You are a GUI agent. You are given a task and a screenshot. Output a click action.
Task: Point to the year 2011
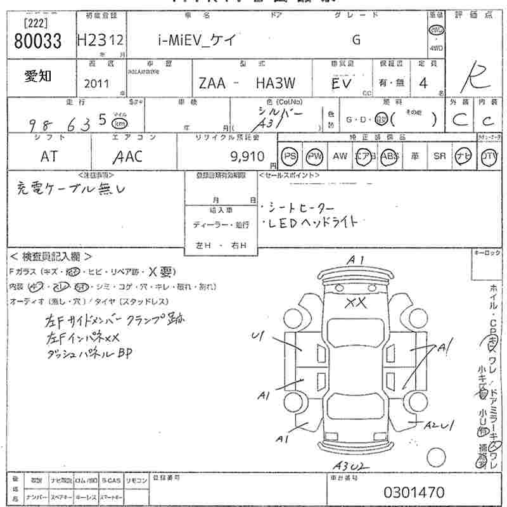(96, 83)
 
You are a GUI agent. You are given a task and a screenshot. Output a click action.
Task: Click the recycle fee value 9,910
(251, 157)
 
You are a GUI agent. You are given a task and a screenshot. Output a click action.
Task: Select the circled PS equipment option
(290, 157)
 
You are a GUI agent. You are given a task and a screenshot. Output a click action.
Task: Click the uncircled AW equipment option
(340, 157)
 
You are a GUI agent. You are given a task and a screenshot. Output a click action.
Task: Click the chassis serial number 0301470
(414, 492)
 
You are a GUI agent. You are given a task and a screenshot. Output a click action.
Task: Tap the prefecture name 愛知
(39, 76)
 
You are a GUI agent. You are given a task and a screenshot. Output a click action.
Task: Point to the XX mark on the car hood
(356, 303)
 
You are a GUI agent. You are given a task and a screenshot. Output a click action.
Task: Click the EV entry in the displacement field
(343, 83)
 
